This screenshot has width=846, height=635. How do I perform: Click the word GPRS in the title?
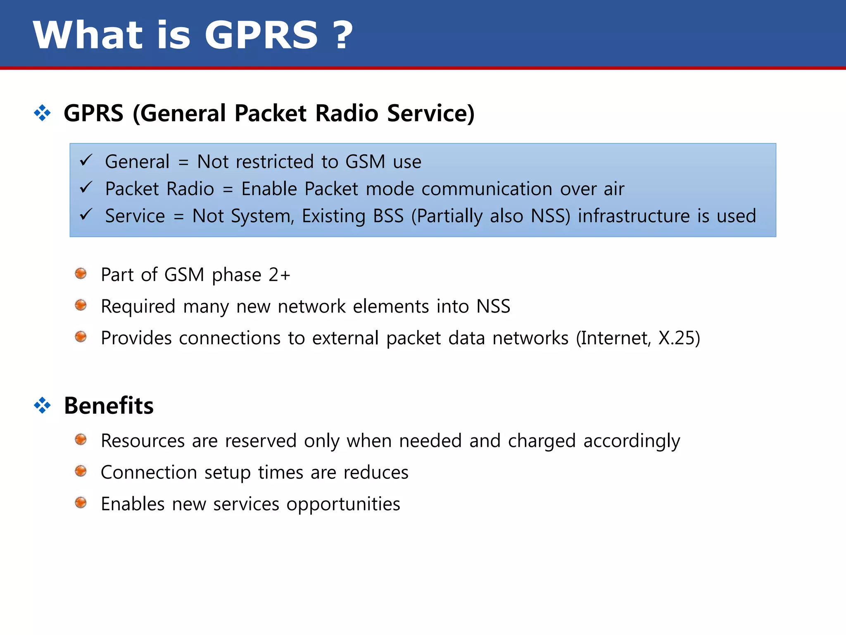coord(261,36)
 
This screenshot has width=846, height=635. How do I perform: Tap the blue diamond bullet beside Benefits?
coord(42,405)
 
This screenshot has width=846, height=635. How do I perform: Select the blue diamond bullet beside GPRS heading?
coord(42,113)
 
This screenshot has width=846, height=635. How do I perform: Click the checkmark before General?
coord(86,160)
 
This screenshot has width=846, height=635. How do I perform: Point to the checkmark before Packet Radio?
coord(86,188)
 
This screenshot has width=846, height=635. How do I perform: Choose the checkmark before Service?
coord(86,215)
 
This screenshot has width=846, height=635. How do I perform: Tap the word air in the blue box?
coord(614,189)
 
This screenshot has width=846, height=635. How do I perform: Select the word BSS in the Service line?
coord(388,216)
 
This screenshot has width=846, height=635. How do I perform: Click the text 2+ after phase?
coord(279,275)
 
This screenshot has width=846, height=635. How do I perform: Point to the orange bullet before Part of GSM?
coord(81,274)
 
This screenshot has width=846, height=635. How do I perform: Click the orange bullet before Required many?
coord(81,306)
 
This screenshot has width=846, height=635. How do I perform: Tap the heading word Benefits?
coord(109,406)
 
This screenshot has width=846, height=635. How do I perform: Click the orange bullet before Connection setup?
coord(81,471)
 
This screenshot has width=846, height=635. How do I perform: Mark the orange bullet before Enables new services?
coord(81,503)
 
